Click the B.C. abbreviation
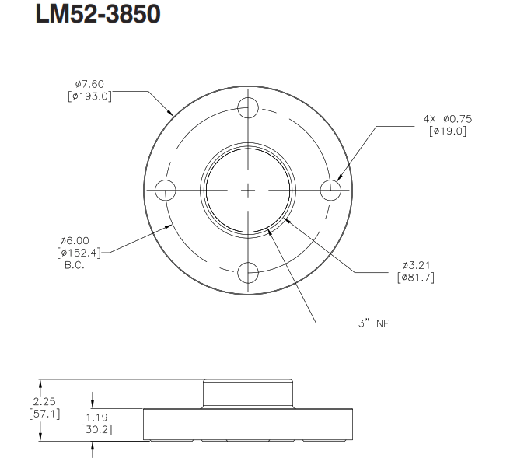pyautogui.click(x=74, y=264)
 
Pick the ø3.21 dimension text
pyautogui.click(x=415, y=265)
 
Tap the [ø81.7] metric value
pyautogui.click(x=415, y=277)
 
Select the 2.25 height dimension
pyautogui.click(x=44, y=401)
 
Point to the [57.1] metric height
pyautogui.click(x=44, y=413)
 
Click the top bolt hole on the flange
pyautogui.click(x=248, y=107)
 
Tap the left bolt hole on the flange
pyautogui.click(x=166, y=189)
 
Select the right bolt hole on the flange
pyautogui.click(x=330, y=189)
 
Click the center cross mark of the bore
pyautogui.click(x=248, y=189)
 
